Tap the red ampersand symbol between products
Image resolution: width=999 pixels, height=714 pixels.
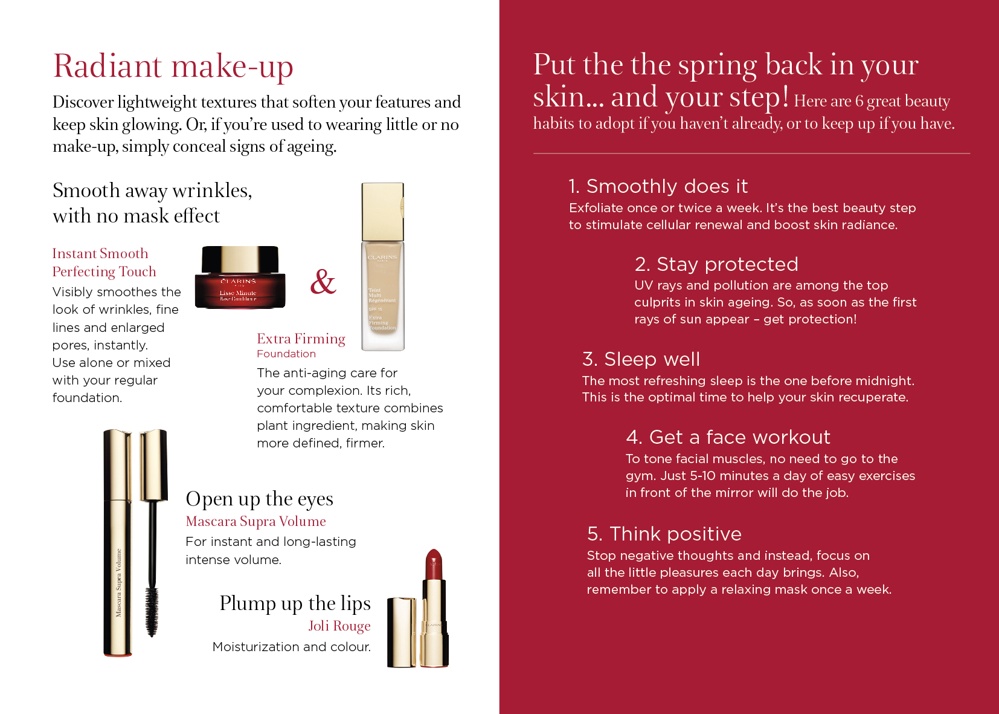[x=323, y=282]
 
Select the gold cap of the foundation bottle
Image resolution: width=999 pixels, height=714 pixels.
[x=383, y=212]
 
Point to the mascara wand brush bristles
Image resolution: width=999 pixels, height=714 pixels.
[x=152, y=611]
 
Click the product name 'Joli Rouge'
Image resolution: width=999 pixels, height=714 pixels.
[x=339, y=626]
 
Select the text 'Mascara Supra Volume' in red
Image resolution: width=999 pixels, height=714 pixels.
[x=255, y=521]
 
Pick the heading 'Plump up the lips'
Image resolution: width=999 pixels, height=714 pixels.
[x=295, y=604]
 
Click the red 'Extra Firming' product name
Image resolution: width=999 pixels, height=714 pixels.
[x=301, y=339]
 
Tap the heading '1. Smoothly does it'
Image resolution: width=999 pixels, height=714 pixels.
[x=658, y=186]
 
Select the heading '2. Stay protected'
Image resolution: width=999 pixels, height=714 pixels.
[x=716, y=264]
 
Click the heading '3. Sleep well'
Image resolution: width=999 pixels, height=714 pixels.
[x=641, y=359]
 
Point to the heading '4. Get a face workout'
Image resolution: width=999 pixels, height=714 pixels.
[x=728, y=437]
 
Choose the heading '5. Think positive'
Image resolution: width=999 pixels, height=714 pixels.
[x=664, y=534]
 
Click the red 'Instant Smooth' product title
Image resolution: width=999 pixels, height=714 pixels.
[x=100, y=253]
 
